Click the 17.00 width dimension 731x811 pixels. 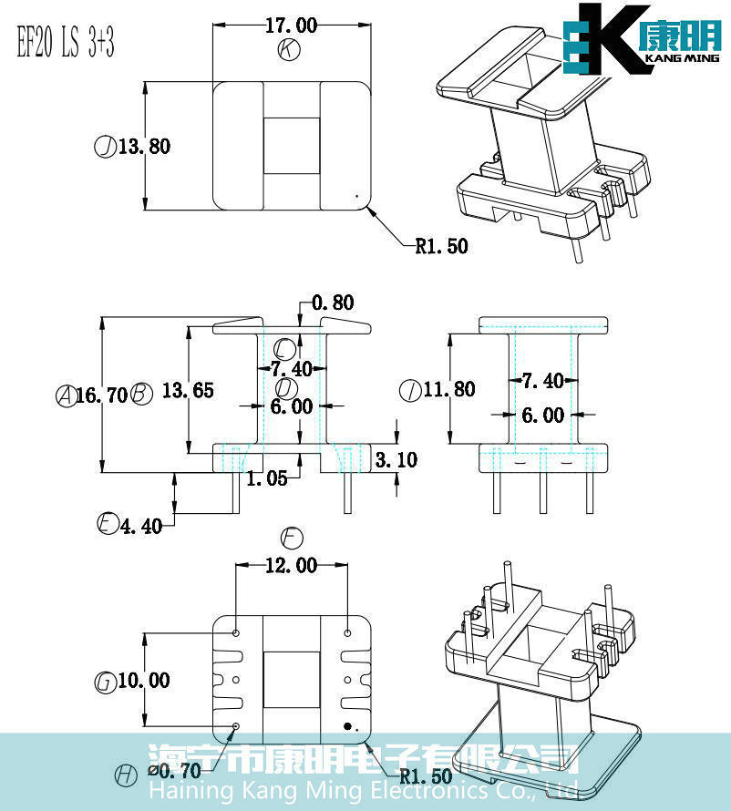pos(291,25)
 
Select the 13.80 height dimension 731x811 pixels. pos(143,146)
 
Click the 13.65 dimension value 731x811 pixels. pos(188,390)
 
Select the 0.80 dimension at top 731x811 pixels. pos(332,303)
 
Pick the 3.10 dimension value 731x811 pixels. pos(396,459)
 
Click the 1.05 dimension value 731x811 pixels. pos(267,477)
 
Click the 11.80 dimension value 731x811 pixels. pos(449,389)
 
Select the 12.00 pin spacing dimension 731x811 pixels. pos(291,566)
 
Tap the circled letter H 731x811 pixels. pos(126,775)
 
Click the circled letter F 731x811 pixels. pos(293,537)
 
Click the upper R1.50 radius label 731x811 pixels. pos(441,245)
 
